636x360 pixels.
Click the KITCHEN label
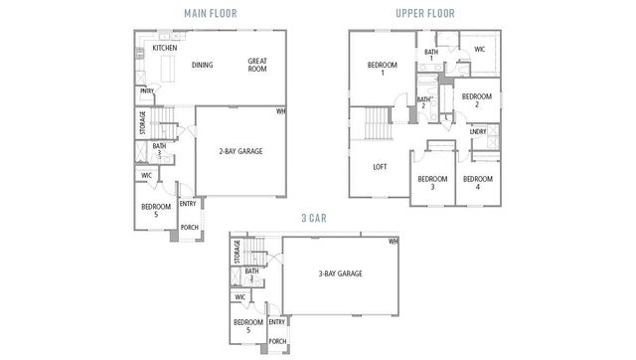165,47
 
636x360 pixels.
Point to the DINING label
203,65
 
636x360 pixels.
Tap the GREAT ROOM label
257,65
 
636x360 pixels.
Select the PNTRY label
146,90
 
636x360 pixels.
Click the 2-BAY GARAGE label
240,151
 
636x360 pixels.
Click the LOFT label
380,167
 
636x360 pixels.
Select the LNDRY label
477,131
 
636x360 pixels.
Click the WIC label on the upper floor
479,48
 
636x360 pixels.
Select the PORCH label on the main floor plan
189,227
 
